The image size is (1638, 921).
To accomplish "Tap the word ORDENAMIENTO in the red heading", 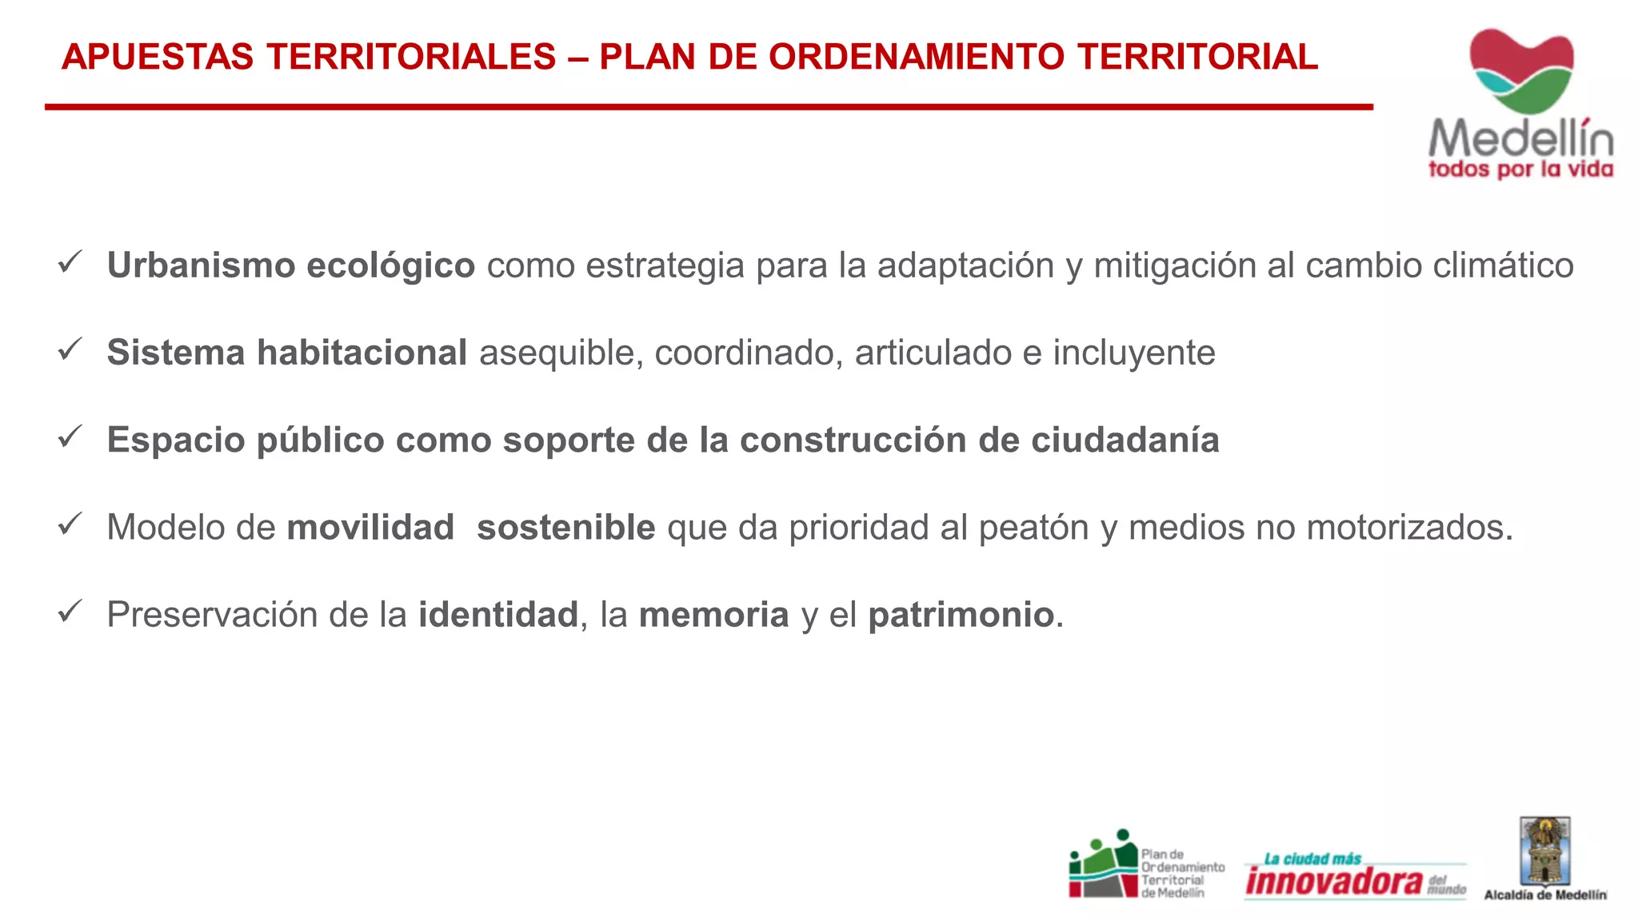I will (x=917, y=58).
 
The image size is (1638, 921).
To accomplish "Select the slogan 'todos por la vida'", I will (x=1520, y=169).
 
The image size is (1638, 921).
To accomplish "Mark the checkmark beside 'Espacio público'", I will (x=70, y=437).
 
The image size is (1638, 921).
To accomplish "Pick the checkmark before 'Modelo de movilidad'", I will (x=70, y=524).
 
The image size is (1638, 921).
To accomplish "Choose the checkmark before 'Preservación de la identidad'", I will (x=70, y=612).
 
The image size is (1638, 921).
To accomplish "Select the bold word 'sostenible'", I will (x=566, y=528).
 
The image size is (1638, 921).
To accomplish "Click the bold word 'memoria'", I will (x=714, y=615).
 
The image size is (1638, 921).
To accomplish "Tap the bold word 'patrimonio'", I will (x=961, y=616).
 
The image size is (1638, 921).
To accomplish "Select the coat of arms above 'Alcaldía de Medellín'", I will (x=1545, y=851).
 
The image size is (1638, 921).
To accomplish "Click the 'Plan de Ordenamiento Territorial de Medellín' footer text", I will (x=1182, y=874).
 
